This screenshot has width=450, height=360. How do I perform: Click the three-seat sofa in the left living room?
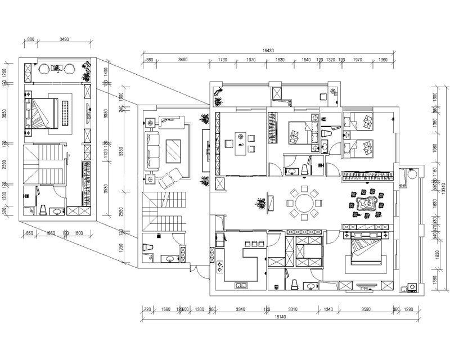point(152,151)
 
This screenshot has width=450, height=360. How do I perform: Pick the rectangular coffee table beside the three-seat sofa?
point(173,151)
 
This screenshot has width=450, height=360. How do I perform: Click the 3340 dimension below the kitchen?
point(240,309)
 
